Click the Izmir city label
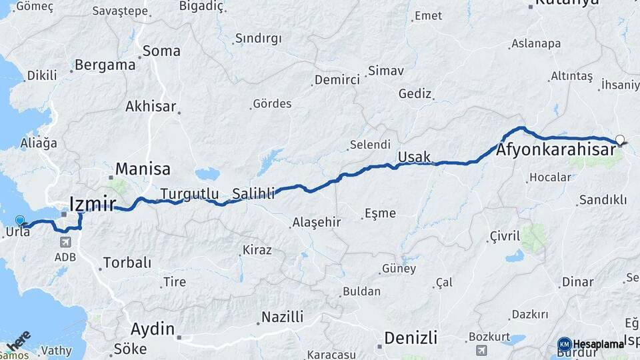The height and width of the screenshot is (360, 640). [93, 203]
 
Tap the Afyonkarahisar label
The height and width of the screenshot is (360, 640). [555, 150]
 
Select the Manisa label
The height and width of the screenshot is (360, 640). [143, 169]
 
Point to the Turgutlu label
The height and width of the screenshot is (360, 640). [189, 194]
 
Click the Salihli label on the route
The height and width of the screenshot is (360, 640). [253, 195]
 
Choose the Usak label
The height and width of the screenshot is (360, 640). [414, 157]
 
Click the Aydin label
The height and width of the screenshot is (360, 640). [153, 329]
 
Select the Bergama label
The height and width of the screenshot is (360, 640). [105, 65]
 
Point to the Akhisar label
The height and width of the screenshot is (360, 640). [151, 106]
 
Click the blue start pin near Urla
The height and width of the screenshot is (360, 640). [20, 221]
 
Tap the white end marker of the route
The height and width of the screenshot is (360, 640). [620, 139]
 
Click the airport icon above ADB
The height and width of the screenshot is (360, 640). [65, 243]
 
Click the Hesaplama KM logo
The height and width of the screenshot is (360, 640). [592, 344]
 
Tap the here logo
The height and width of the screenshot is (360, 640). [19, 341]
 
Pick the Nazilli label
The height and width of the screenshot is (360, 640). [283, 317]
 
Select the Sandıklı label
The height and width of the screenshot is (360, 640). [603, 199]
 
